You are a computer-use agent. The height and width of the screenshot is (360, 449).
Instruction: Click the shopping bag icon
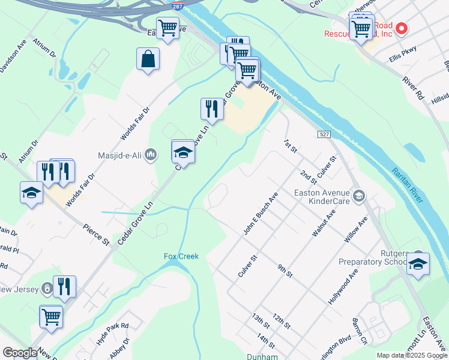pos(148,59)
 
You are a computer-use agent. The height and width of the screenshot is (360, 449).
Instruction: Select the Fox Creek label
pos(181,256)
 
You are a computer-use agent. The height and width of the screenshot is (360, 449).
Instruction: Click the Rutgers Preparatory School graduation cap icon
pos(418,264)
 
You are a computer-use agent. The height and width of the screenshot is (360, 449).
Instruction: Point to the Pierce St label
pos(97,233)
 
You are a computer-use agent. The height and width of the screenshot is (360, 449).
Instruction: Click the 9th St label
pos(285,270)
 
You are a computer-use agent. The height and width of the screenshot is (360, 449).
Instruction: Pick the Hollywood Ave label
pos(343,286)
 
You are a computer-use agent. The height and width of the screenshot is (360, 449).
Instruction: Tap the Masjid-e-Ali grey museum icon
pos(151,155)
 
